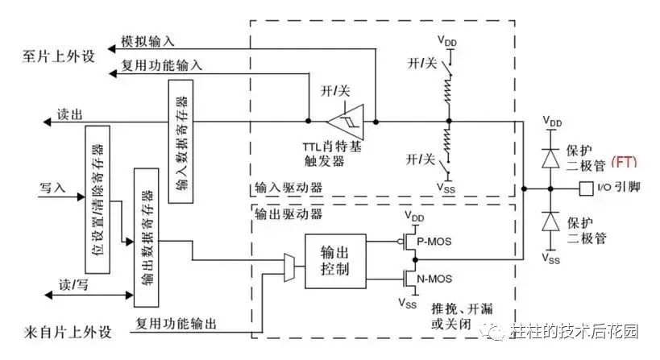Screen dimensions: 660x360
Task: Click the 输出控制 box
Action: pos(335,261)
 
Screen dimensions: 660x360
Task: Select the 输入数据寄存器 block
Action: pos(181,141)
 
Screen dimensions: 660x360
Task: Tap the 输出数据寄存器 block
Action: pos(146,238)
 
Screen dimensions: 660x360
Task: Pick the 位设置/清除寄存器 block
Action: pos(98,200)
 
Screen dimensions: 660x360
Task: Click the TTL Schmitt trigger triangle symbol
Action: pos(346,122)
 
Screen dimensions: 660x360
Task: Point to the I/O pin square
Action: pos(587,188)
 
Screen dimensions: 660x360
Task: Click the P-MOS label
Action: pos(434,242)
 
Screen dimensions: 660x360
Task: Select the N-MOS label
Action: pos(434,279)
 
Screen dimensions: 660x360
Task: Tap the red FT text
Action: pos(625,162)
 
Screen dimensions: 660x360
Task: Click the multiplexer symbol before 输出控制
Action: pos(288,267)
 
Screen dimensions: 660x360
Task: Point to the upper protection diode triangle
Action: pos(550,159)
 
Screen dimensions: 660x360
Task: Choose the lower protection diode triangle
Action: pos(550,221)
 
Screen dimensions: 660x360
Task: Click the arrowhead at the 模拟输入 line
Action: pos(111,49)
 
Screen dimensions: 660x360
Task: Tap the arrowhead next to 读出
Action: pos(47,122)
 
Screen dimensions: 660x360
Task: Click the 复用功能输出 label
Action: pos(176,324)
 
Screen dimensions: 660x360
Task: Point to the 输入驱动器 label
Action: pos(288,187)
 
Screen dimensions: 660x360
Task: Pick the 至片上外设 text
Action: pos(59,56)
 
